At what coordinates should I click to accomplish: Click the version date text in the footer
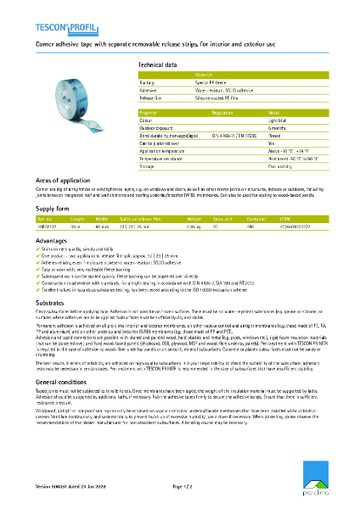tap(71, 487)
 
